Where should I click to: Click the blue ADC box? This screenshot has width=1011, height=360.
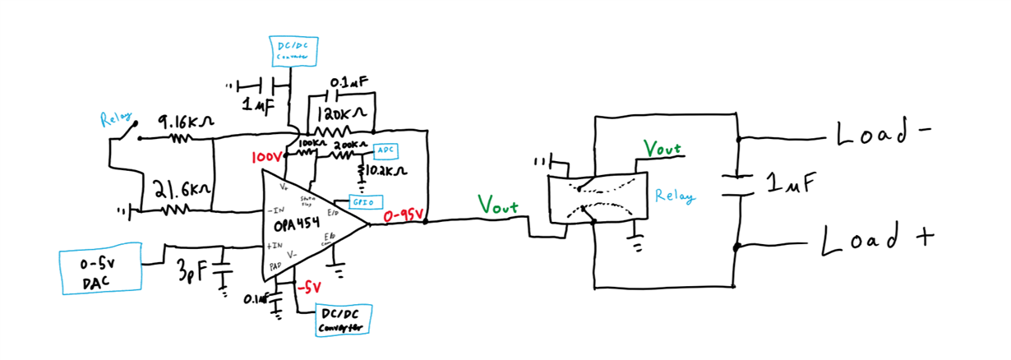pos(385,151)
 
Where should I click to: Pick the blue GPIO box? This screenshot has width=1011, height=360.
pos(362,201)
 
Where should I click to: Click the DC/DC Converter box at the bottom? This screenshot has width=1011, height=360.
pos(344,321)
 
